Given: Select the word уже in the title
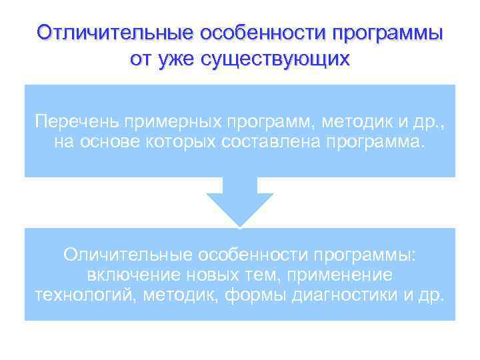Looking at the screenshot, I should tap(175, 59).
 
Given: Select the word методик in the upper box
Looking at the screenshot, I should tap(360, 122).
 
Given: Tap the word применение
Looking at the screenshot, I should tap(335, 276).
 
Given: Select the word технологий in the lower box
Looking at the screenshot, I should tap(81, 296).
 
